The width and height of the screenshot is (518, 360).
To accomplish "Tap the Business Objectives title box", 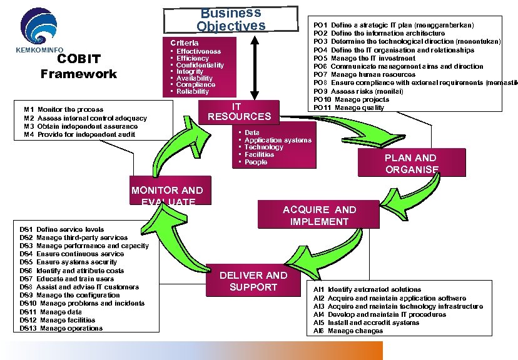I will (x=230, y=19).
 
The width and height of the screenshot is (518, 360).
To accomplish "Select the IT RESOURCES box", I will (x=239, y=112).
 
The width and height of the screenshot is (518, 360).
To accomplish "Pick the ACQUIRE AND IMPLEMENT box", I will (x=319, y=216).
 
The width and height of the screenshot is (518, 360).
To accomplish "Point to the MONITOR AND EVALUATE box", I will (x=166, y=195).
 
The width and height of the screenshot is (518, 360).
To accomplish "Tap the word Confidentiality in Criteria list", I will (x=200, y=65).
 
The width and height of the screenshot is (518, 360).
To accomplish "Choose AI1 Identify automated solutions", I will (x=367, y=289).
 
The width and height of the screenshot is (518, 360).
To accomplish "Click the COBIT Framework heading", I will (x=78, y=66).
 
